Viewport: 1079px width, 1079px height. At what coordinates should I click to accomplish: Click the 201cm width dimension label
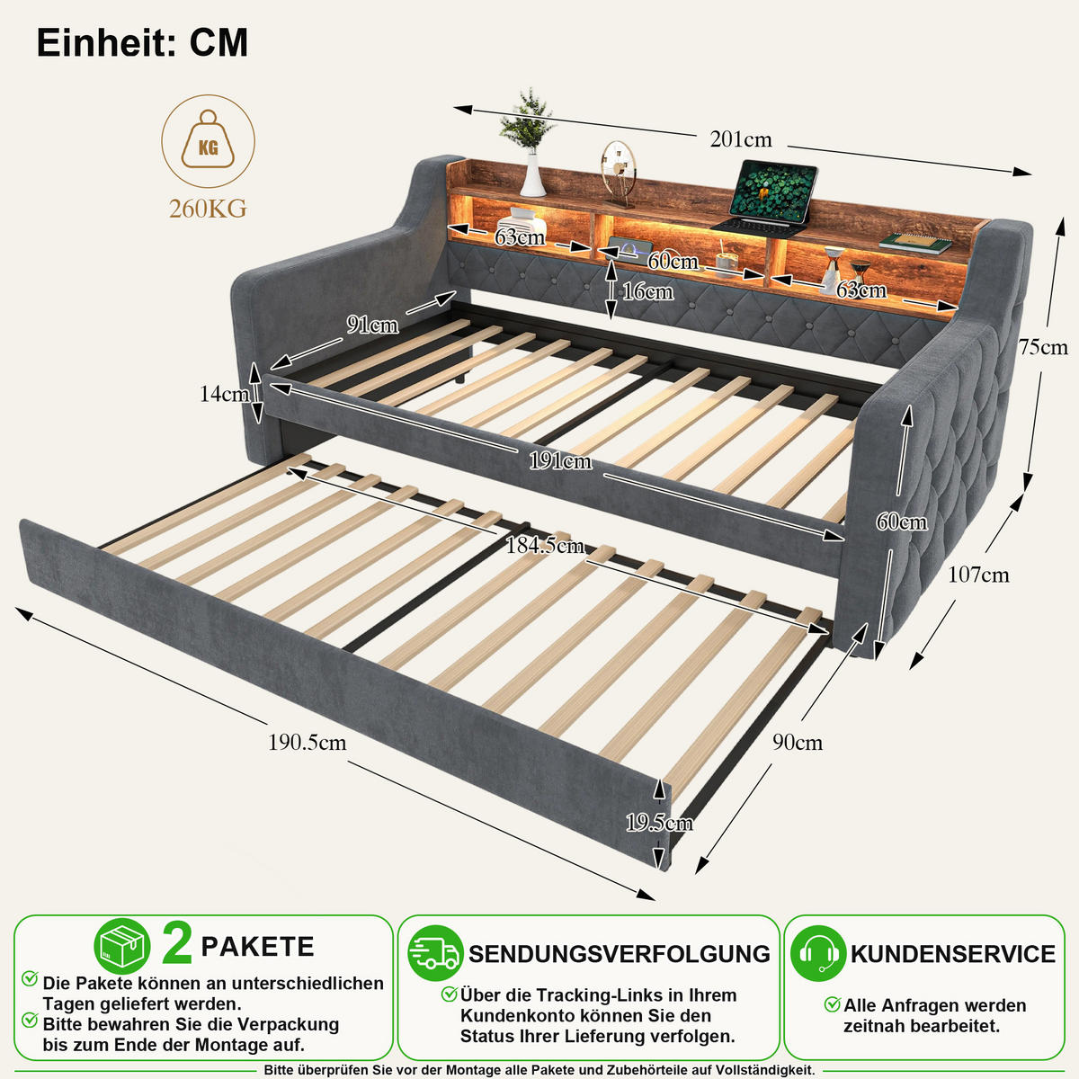coord(740,139)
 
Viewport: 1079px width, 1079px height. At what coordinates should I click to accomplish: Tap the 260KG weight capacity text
coord(208,209)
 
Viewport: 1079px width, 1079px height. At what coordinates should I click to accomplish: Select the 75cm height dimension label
coord(1043,347)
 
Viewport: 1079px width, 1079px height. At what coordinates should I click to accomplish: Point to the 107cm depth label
coord(978,575)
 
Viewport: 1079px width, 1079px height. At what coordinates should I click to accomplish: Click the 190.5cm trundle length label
coord(307,743)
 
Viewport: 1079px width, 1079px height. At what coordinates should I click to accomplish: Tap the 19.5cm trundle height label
coord(659,823)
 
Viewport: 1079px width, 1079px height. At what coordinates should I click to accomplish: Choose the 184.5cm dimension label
coord(544,545)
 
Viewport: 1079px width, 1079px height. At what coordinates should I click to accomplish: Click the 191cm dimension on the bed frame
coord(560,461)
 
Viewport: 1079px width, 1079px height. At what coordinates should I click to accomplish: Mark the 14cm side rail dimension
coord(224,394)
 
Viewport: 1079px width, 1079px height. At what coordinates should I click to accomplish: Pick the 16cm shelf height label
coord(647,291)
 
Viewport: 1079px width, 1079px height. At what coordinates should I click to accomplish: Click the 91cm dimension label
coord(372,325)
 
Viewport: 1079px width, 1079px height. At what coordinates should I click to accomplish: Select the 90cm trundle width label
coord(798,743)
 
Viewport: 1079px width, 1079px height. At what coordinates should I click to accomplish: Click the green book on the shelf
coord(915,243)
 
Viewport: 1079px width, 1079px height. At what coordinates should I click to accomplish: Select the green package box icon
coord(122,946)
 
